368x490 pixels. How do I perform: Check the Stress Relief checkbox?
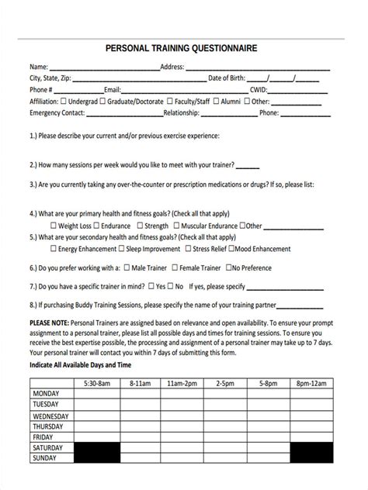(187, 249)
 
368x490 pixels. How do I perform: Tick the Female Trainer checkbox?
(174, 268)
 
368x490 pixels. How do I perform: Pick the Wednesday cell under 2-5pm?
(226, 416)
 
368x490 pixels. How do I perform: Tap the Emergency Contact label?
(57, 112)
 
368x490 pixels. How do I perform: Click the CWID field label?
(258, 90)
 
